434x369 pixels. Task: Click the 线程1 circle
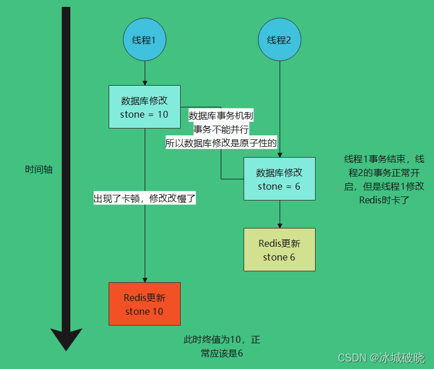pos(145,41)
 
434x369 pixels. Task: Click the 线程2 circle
pos(279,41)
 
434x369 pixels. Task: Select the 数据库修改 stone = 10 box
pos(144,107)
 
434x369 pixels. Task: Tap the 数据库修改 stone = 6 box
pos(279,179)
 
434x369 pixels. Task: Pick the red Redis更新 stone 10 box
pos(144,304)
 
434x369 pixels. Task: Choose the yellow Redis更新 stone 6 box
pos(279,250)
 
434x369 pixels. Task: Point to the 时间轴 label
pos(39,170)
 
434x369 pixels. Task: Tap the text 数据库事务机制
pos(221,116)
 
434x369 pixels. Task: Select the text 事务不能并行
pos(221,130)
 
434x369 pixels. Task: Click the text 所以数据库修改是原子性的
pos(221,143)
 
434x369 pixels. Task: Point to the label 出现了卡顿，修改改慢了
pos(145,199)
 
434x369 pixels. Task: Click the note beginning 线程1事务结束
pos(384,179)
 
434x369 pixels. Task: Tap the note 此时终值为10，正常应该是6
pos(222,346)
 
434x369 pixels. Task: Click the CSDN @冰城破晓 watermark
pos(381,358)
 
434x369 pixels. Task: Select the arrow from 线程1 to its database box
pos(145,73)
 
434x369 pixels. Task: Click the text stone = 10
pos(144,114)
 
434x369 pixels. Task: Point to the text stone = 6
pos(278,186)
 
